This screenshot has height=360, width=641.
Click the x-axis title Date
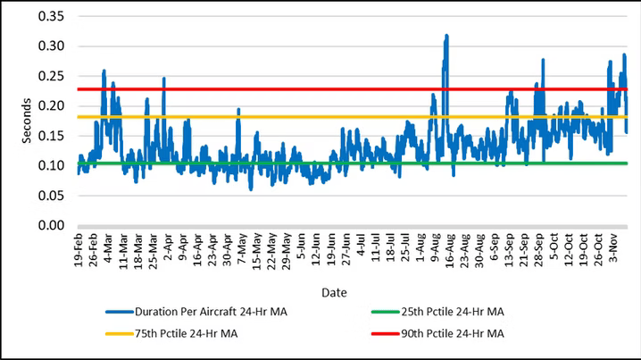(336, 292)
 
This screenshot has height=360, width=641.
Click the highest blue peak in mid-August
(446, 37)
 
